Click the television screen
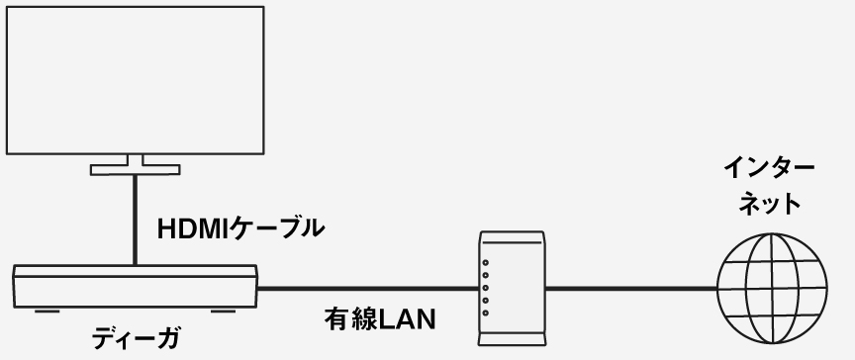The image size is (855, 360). pyautogui.click(x=136, y=78)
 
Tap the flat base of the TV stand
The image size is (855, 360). pyautogui.click(x=135, y=170)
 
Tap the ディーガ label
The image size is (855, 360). pyautogui.click(x=136, y=337)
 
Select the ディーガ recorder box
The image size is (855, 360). pyautogui.click(x=136, y=288)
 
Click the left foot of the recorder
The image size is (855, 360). pyautogui.click(x=42, y=314)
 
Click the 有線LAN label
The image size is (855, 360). pyautogui.click(x=381, y=320)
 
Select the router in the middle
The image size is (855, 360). pyautogui.click(x=511, y=288)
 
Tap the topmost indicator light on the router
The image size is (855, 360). pyautogui.click(x=485, y=262)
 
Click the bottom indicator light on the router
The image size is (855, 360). pyautogui.click(x=485, y=313)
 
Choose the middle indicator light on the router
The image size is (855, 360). pyautogui.click(x=485, y=287)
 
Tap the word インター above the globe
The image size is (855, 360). pyautogui.click(x=769, y=167)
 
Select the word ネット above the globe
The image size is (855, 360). pyautogui.click(x=769, y=204)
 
